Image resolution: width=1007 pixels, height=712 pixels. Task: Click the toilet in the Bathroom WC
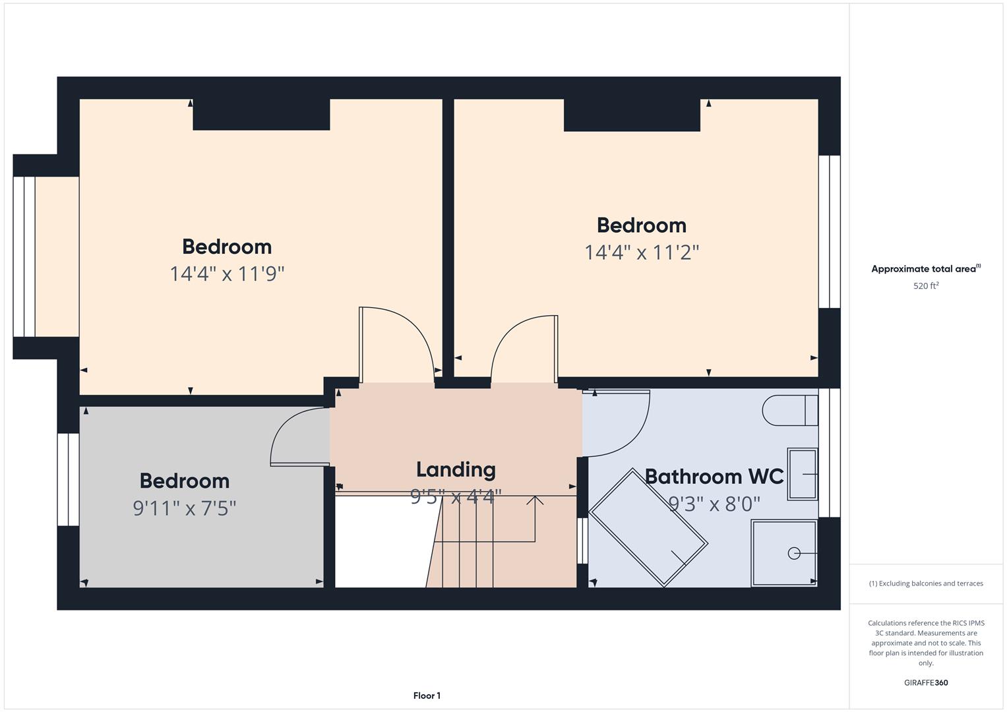(x=789, y=410)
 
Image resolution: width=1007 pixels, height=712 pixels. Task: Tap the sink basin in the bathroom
(x=802, y=473)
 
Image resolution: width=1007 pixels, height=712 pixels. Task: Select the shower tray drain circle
(x=794, y=553)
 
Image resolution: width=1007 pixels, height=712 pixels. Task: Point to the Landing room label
(x=455, y=469)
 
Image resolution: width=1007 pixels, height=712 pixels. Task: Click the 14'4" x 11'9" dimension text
(x=227, y=274)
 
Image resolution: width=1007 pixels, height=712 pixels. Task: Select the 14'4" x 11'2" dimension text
(x=641, y=252)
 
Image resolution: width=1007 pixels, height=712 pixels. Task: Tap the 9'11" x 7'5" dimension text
(x=185, y=508)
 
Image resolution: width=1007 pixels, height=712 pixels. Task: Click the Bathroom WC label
(x=714, y=476)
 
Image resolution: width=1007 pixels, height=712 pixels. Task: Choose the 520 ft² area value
(x=925, y=286)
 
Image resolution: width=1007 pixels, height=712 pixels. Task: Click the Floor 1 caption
(x=427, y=696)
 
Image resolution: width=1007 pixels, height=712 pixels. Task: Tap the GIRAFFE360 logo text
(x=925, y=682)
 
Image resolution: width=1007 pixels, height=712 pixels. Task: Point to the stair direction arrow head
(x=535, y=500)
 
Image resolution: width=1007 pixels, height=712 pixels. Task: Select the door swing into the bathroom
(x=620, y=422)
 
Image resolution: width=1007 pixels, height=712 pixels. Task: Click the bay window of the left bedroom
(x=24, y=256)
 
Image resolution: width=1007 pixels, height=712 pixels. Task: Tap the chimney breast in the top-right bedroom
(x=631, y=115)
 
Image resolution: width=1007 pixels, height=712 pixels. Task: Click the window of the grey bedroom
(x=68, y=479)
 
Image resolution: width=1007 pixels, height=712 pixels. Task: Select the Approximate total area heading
(x=925, y=269)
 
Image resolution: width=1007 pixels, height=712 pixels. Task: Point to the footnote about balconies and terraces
(x=925, y=583)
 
